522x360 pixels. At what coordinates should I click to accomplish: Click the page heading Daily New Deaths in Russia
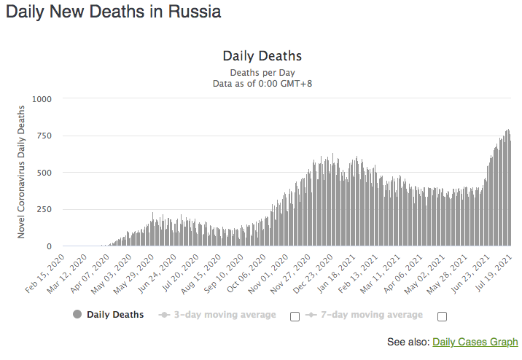(113, 12)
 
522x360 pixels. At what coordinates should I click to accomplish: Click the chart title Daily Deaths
(262, 56)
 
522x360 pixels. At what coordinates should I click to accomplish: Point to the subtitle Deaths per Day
(262, 72)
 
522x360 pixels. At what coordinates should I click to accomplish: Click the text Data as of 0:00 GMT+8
(262, 84)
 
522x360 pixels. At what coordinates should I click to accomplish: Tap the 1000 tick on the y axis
(42, 98)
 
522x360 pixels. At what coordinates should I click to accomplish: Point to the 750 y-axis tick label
(44, 136)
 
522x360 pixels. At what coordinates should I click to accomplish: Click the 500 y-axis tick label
(44, 173)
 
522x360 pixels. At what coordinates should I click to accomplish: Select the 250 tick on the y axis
(44, 210)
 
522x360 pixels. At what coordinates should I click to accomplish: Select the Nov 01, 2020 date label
(270, 271)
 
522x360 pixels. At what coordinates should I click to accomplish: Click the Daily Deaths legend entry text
(115, 315)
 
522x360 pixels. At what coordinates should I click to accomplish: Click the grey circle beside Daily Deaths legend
(77, 315)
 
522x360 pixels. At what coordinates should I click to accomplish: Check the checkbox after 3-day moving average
(295, 316)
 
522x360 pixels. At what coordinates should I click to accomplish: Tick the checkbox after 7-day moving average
(442, 316)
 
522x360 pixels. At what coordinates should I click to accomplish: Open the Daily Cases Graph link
(475, 342)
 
